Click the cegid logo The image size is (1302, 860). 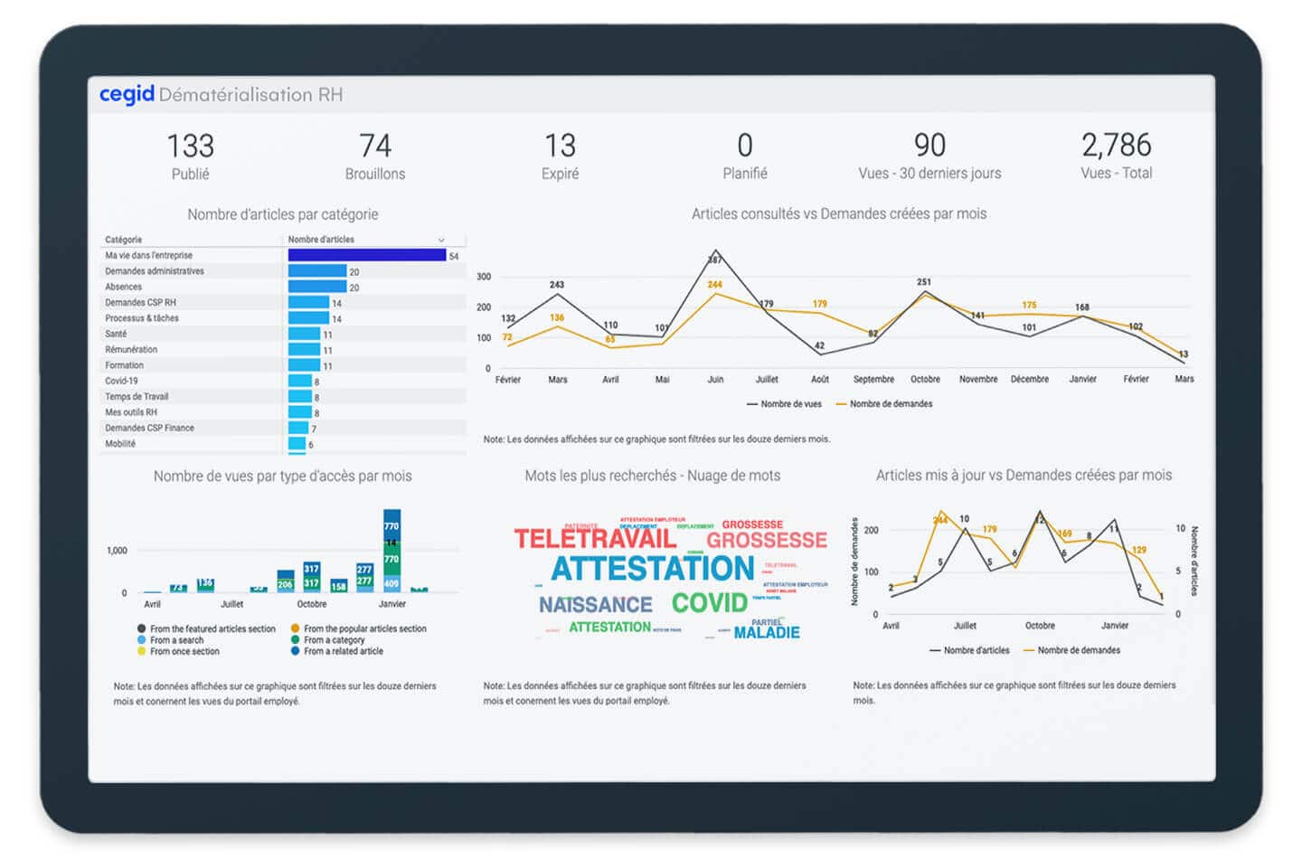(127, 94)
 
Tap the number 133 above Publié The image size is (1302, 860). (190, 146)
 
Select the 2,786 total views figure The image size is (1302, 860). (1116, 145)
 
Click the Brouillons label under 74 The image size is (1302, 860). (374, 174)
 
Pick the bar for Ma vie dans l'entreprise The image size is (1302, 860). (366, 256)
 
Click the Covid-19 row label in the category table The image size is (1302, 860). (121, 381)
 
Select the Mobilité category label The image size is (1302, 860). (120, 444)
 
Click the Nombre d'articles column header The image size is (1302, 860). (321, 240)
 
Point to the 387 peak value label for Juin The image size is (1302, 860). (714, 260)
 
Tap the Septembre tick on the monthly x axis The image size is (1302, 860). (873, 380)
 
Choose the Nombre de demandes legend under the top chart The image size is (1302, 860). (890, 404)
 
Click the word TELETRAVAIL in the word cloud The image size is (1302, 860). (595, 540)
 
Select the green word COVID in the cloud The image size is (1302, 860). (710, 603)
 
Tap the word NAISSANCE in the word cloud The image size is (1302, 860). (595, 605)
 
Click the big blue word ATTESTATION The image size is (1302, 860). (652, 569)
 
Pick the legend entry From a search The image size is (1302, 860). (176, 640)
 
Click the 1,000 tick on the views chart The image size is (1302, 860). (117, 551)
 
